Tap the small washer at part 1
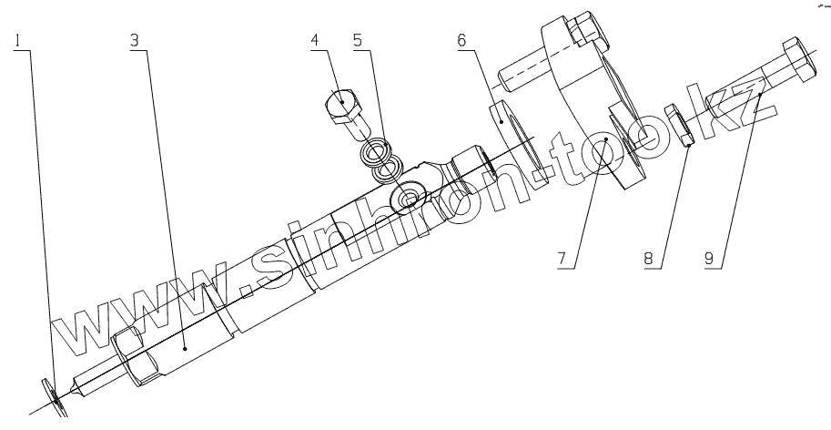click(x=56, y=394)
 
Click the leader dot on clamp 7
click(x=606, y=138)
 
